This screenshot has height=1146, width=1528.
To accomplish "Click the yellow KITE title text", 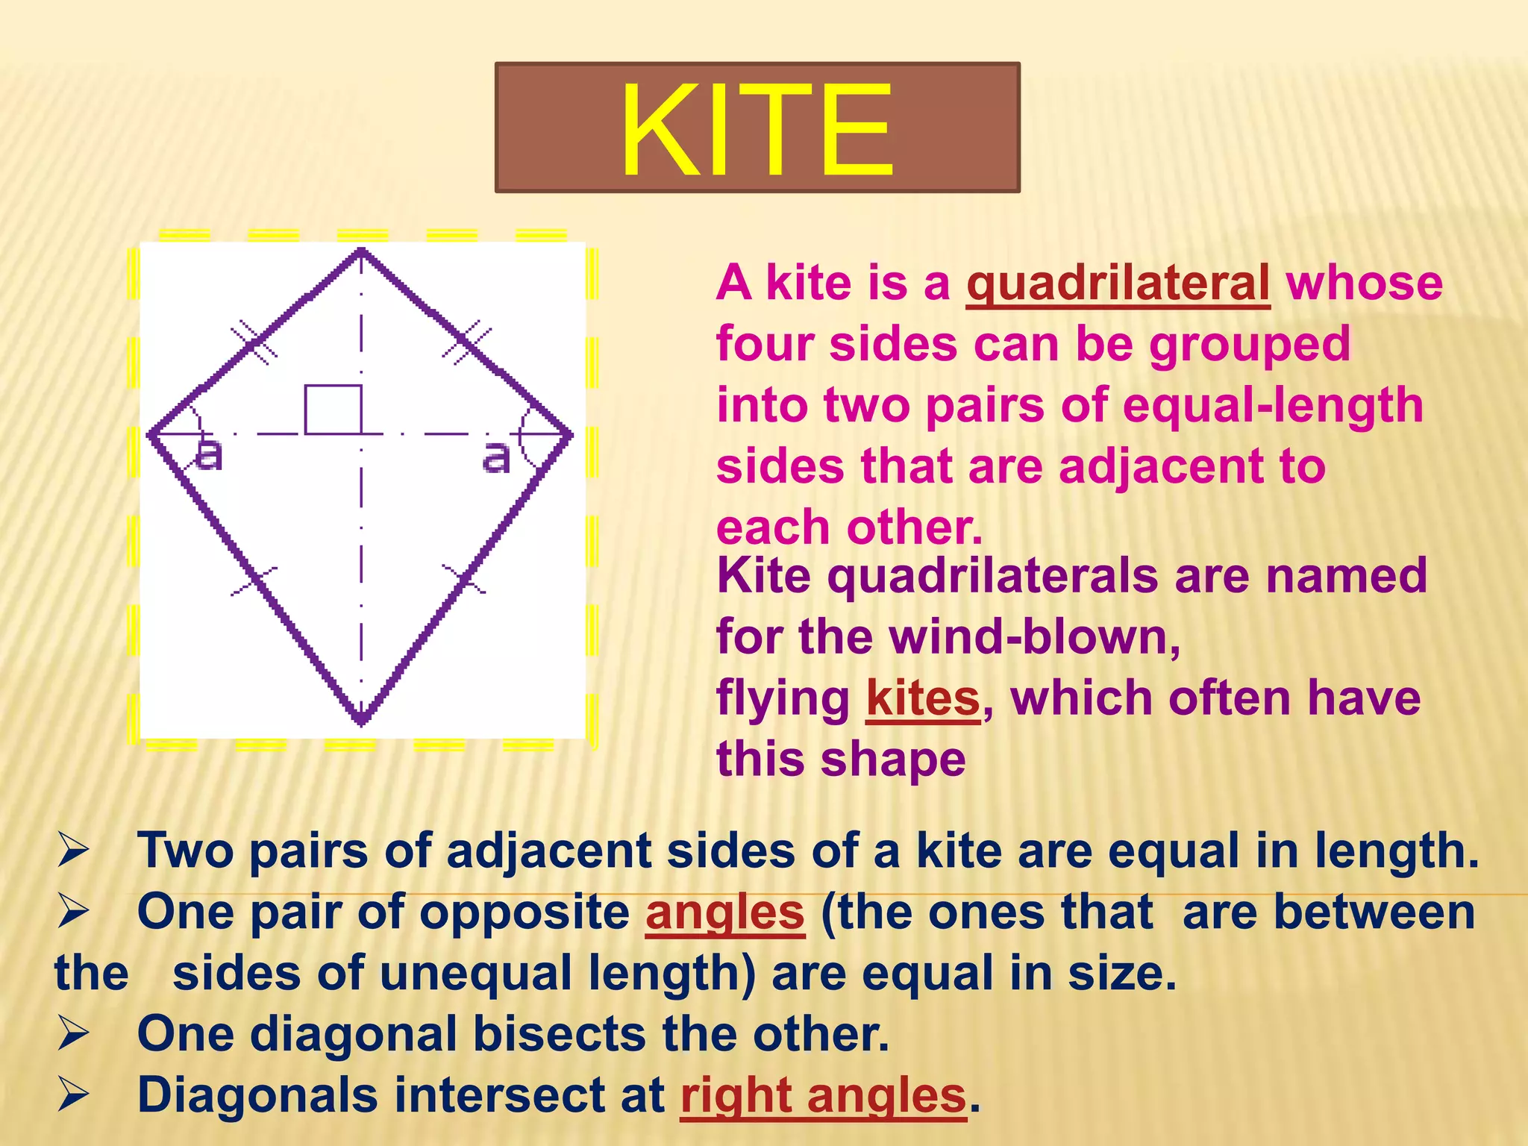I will click(757, 130).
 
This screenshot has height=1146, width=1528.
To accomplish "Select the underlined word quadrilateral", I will click(1117, 284).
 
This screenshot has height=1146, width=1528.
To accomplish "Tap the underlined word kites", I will click(922, 699).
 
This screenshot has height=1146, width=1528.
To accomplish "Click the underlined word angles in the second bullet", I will click(724, 912).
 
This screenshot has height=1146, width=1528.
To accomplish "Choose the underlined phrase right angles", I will click(823, 1096).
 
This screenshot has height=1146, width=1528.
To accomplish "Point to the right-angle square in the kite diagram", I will click(333, 409).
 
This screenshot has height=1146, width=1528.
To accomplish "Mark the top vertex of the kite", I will click(361, 251).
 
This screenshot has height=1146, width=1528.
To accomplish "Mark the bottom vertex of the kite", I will click(361, 722).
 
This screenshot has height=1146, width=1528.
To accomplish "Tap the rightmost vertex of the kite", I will click(571, 434).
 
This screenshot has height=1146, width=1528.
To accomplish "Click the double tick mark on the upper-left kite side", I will click(253, 342).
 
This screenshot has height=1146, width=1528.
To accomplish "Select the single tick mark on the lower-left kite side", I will click(254, 580).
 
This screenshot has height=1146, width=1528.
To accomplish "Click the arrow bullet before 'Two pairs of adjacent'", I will click(73, 851).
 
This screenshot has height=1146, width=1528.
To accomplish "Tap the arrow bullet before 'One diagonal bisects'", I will click(73, 1034).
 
